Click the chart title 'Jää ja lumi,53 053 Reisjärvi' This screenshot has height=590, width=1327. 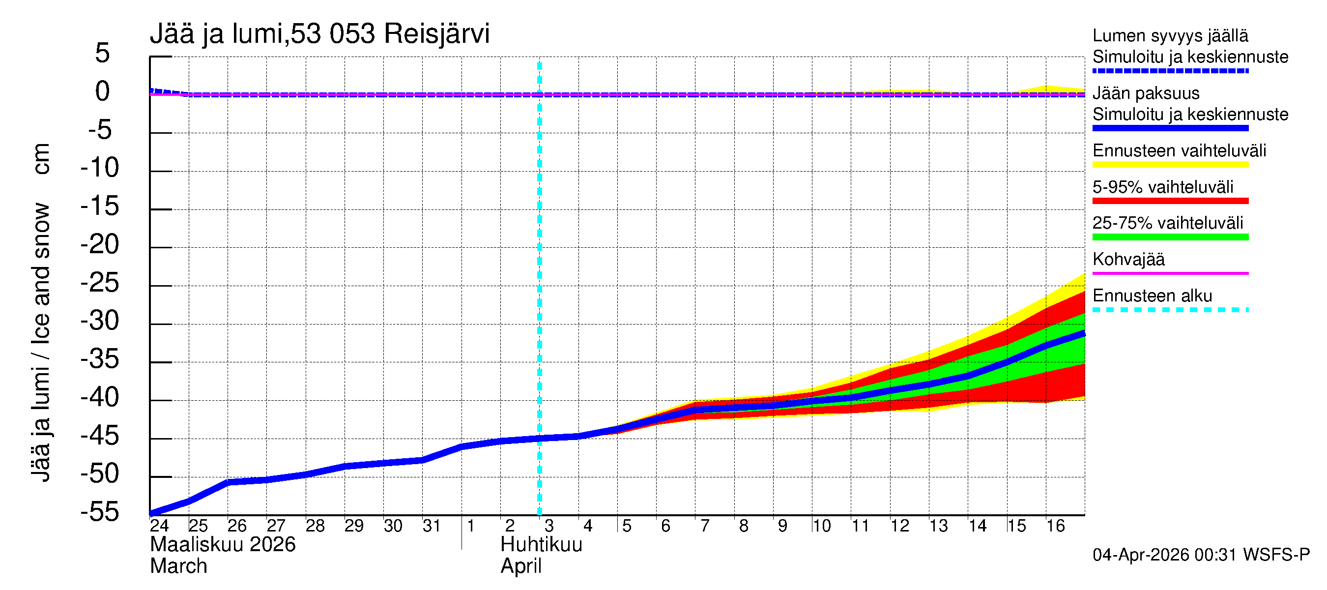coord(319,34)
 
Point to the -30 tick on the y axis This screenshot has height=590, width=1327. coord(100,321)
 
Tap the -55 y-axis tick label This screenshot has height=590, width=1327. coord(100,512)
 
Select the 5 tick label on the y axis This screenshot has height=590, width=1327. coord(103,53)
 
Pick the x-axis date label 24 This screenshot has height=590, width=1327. coord(159,526)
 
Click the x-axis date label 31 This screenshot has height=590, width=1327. coord(431,526)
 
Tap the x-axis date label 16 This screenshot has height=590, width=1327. coord(1055,526)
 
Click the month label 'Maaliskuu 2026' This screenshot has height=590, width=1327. coord(223,545)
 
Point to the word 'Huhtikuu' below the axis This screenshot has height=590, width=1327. coord(541,545)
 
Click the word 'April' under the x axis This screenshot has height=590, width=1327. coord(521,566)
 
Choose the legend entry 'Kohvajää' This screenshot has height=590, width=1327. coord(1128,259)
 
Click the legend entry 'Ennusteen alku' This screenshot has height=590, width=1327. coord(1152,296)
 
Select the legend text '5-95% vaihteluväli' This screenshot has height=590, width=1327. coord(1163,187)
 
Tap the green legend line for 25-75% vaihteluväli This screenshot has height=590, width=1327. coord(1170,237)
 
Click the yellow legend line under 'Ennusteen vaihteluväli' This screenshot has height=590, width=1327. coord(1170,165)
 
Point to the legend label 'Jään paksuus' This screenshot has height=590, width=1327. coord(1146,93)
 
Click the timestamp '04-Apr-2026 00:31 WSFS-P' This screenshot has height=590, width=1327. coord(1201,555)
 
